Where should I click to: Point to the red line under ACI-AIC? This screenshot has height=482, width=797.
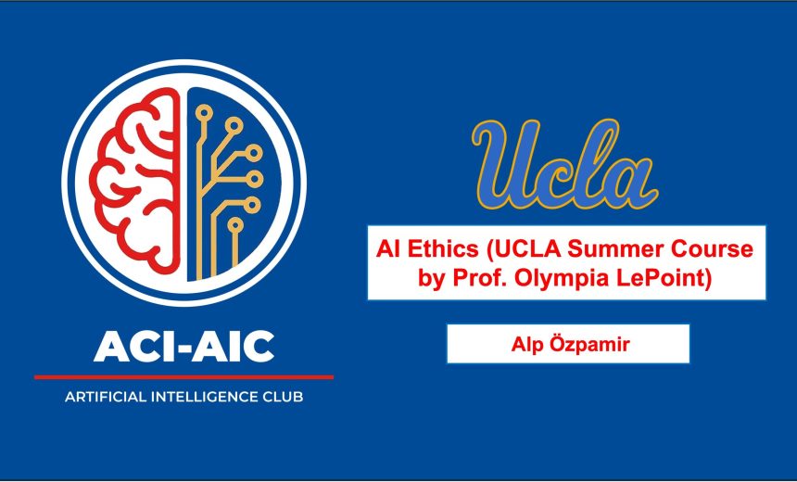(x=183, y=377)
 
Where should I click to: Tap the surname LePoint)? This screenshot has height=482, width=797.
(x=662, y=278)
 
